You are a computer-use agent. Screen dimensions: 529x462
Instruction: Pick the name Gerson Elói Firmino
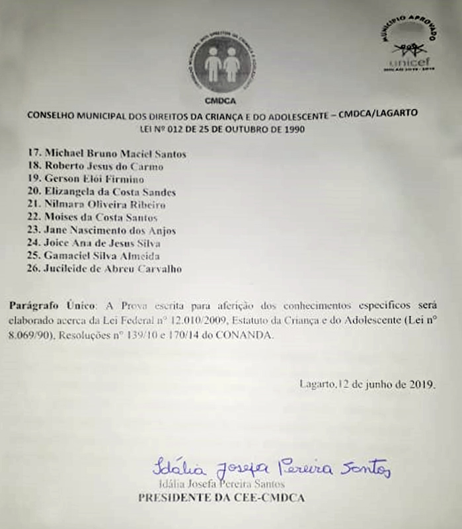click(x=95, y=179)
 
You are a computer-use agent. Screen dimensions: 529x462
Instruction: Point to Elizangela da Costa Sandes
click(x=110, y=192)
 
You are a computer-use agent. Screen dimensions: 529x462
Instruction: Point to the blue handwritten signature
click(x=271, y=468)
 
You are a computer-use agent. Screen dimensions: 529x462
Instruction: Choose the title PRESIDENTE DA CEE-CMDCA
click(x=222, y=497)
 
